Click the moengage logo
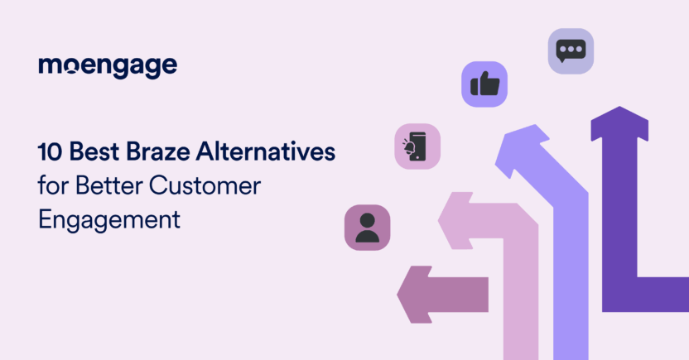tap(108, 67)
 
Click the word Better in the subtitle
tap(106, 186)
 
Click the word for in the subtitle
tap(51, 186)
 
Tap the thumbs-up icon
tap(484, 84)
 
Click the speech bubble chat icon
tap(571, 51)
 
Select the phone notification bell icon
tap(417, 146)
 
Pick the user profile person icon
tap(367, 227)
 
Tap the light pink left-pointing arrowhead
tap(451, 220)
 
